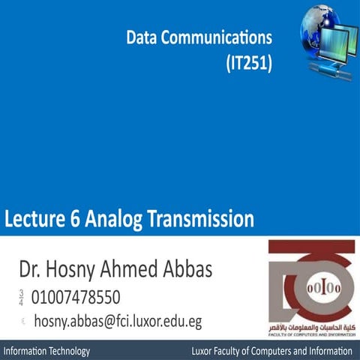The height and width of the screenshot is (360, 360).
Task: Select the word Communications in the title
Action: click(x=217, y=37)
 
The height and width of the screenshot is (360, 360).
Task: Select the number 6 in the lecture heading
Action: click(x=82, y=220)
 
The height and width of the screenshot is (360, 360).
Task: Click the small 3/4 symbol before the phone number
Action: click(x=21, y=297)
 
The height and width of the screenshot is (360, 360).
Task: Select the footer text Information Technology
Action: click(x=47, y=351)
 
